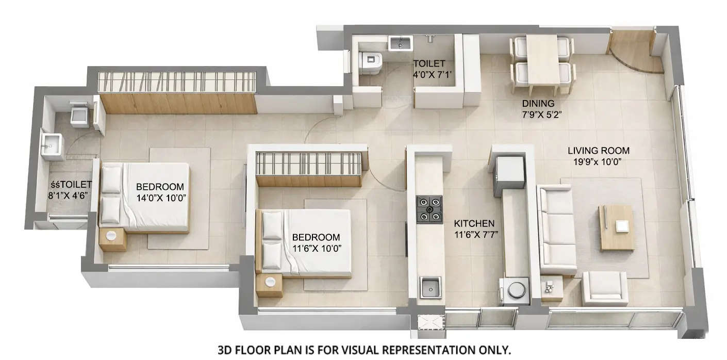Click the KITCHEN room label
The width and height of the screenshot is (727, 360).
tap(474, 224)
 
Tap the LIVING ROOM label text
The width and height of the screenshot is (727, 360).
tap(598, 151)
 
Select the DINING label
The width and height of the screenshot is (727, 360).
tap(538, 103)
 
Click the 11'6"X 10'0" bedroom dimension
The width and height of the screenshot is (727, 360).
tap(316, 248)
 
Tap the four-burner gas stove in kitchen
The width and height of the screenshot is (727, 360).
tap(429, 208)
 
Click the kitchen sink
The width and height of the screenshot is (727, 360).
tap(429, 287)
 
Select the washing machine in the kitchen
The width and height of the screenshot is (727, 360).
tap(514, 290)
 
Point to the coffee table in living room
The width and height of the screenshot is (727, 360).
tap(616, 227)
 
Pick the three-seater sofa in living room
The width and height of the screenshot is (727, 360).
tap(556, 230)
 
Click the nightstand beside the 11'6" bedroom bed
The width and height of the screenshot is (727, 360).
tap(269, 285)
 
